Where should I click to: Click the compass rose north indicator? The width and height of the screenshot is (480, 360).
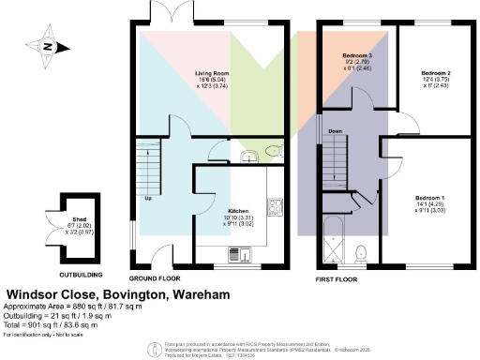click(x=46, y=45)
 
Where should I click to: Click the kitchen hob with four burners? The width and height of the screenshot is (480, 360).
click(x=277, y=206)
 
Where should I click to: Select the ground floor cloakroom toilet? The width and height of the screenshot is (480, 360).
click(x=273, y=150)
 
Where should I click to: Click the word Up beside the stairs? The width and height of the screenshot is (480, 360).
click(x=148, y=199)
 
